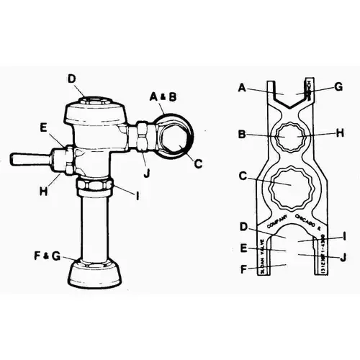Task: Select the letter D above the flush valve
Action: click(x=72, y=79)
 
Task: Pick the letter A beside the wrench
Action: click(x=243, y=89)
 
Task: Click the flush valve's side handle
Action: click(x=29, y=157)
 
